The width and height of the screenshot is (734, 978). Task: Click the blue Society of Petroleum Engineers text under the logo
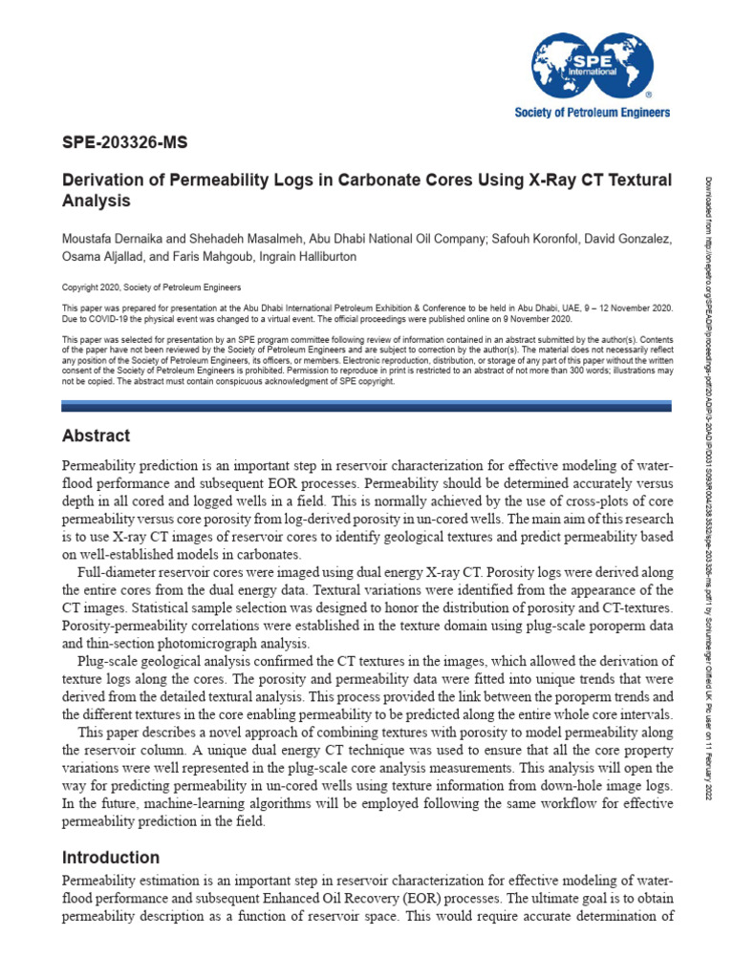[x=593, y=113]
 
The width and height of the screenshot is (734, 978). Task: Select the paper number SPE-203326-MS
[x=124, y=144]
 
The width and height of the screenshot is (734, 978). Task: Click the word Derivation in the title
[x=102, y=181]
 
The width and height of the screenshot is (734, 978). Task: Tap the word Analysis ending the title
[x=96, y=202]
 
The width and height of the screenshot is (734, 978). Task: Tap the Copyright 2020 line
[x=152, y=287]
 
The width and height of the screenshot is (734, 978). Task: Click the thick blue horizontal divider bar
[x=367, y=406]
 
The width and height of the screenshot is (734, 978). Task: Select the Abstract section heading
[x=96, y=436]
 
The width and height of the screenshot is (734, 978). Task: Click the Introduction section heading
[x=110, y=858]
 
